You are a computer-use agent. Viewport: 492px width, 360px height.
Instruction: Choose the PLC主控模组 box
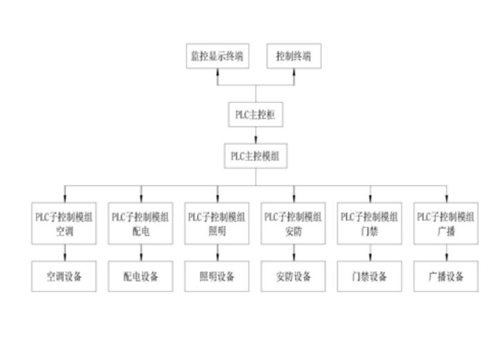(255, 155)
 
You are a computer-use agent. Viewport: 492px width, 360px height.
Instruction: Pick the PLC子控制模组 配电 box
(141, 222)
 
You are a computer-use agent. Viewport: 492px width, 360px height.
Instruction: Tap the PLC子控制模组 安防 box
(293, 222)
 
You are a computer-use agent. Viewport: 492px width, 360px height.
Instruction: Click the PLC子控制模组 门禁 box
(370, 222)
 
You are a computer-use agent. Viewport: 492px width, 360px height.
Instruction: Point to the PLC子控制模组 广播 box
(446, 222)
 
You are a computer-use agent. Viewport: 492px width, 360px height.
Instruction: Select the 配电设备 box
(141, 276)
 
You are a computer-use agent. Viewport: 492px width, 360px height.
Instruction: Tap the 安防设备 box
(293, 276)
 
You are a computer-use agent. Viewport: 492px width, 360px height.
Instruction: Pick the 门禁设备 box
(370, 276)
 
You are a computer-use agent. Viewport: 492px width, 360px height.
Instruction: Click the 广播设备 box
(446, 276)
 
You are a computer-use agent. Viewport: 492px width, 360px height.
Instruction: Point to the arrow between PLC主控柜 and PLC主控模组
(255, 135)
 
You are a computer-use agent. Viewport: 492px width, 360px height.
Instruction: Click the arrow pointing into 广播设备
(446, 254)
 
